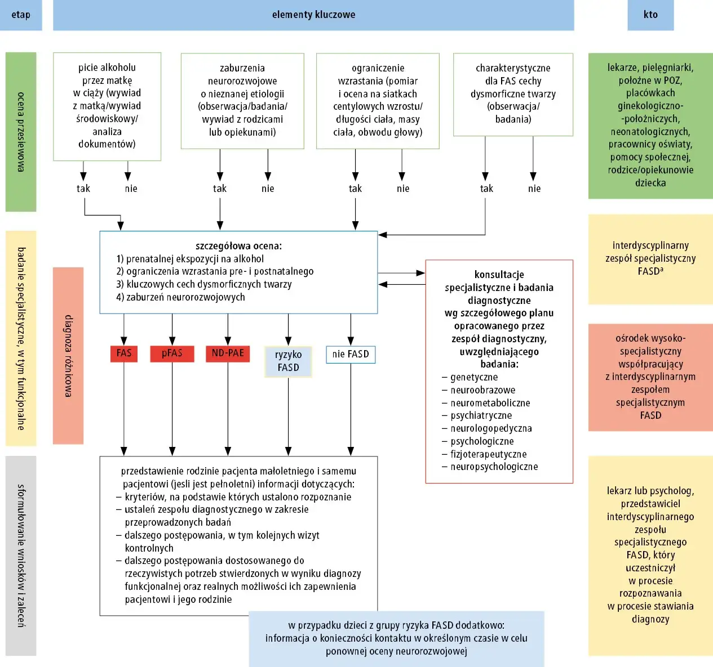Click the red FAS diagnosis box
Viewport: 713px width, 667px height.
click(124, 353)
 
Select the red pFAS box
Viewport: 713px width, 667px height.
click(172, 353)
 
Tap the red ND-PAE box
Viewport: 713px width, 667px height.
click(228, 353)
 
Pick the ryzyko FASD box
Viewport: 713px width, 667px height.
click(288, 361)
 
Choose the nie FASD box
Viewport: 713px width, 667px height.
click(351, 354)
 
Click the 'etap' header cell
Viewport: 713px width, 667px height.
click(21, 15)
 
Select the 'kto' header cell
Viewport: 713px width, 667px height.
click(650, 15)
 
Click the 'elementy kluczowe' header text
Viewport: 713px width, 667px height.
click(313, 15)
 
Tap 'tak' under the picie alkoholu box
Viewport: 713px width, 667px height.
click(83, 189)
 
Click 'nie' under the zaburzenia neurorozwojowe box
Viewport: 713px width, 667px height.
click(268, 189)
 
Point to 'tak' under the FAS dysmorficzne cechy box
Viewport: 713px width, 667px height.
click(486, 189)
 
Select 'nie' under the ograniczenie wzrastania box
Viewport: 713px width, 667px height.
click(403, 189)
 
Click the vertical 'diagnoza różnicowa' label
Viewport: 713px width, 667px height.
click(68, 356)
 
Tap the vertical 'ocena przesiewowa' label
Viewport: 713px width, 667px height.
click(21, 132)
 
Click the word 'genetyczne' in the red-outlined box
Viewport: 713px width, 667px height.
click(474, 377)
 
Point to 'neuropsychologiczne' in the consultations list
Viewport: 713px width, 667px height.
click(494, 467)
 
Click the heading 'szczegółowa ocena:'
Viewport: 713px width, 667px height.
click(238, 246)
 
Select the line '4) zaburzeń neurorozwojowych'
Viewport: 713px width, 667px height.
click(180, 297)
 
